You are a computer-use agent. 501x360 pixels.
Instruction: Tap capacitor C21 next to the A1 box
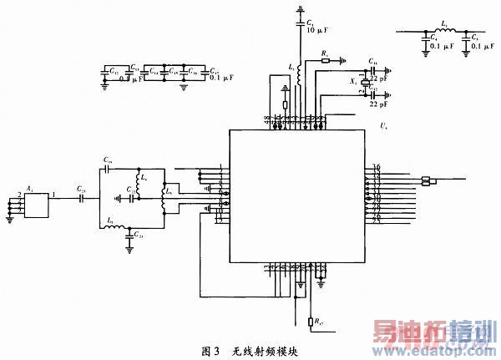[x=82, y=200]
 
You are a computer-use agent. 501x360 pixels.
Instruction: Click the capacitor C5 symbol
[x=464, y=38]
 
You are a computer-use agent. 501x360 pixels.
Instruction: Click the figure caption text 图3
[x=210, y=349]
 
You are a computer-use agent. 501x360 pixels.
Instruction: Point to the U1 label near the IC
[x=383, y=125]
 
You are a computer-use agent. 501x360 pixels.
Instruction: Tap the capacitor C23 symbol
[x=129, y=236]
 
